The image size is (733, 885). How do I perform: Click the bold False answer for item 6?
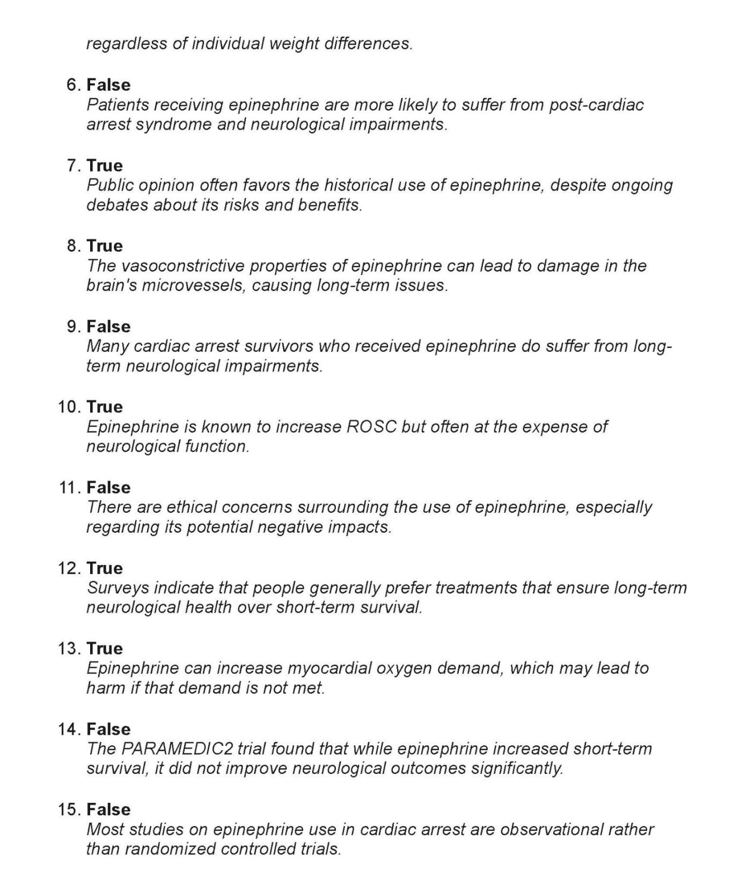coord(108,85)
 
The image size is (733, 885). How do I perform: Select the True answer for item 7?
coord(105,165)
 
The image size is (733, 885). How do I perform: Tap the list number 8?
coord(74,246)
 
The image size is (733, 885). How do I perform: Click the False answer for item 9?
coord(108,327)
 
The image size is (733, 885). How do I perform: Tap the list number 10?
coord(69,407)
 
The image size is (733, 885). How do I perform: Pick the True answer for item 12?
coord(105,568)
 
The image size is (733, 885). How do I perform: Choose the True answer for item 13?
coord(105,649)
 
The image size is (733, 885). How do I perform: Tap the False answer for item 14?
coord(108,729)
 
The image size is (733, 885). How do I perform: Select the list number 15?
coord(69,810)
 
